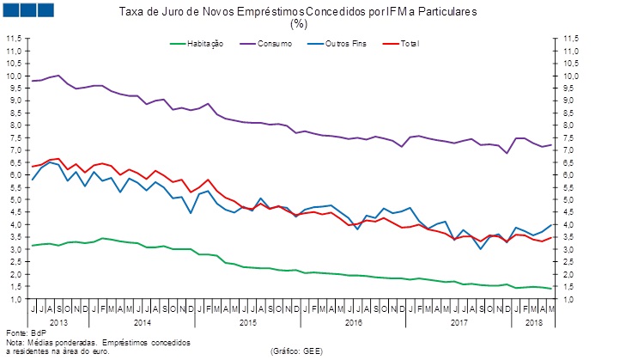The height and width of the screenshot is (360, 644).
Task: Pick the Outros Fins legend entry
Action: point(348,43)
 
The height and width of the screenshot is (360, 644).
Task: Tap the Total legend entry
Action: point(409,43)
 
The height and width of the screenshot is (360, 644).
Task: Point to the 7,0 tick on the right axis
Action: point(569,150)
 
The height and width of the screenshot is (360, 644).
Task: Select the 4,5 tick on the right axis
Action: point(569,212)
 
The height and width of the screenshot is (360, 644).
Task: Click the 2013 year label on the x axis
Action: point(59,321)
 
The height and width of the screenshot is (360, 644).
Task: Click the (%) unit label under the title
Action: point(298,24)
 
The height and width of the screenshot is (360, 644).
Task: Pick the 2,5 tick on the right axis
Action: point(569,262)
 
